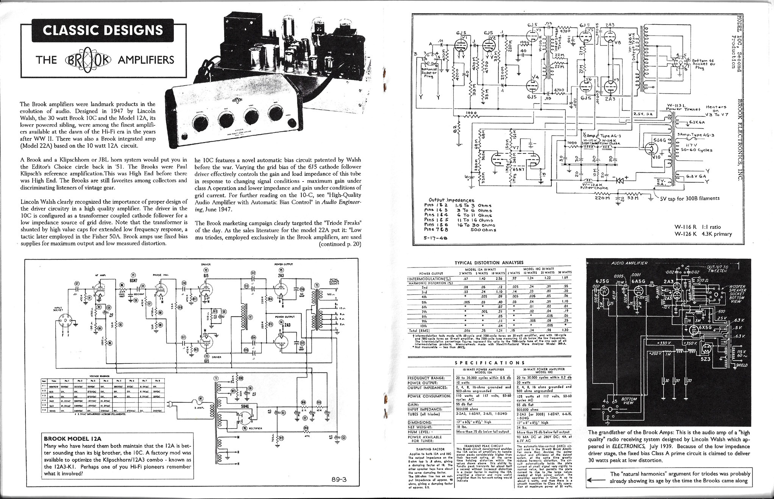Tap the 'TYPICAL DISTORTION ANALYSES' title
pos(489,263)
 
